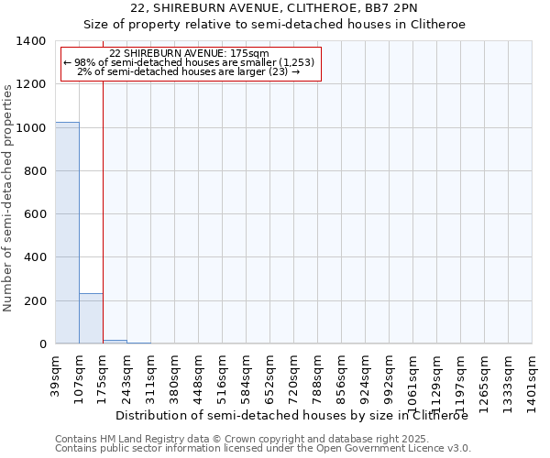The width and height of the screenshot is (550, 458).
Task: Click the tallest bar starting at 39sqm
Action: tap(67, 233)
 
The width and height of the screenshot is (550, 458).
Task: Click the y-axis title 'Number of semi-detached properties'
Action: tap(8, 197)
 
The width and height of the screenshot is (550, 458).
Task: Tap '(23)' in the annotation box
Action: tap(279, 71)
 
